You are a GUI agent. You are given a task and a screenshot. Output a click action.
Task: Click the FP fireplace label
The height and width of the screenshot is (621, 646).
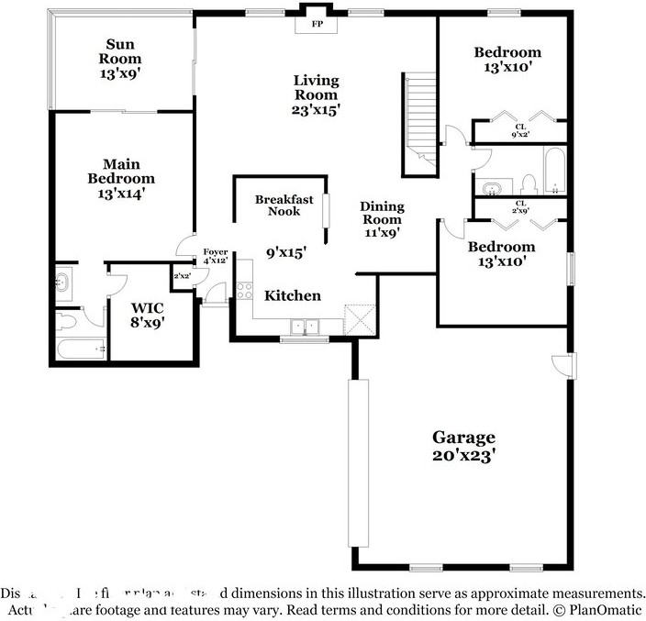pyautogui.click(x=317, y=23)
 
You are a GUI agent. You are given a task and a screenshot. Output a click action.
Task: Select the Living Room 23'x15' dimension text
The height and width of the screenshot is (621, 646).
pyautogui.click(x=317, y=109)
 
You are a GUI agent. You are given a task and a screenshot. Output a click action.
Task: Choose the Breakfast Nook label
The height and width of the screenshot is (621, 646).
pyautogui.click(x=284, y=205)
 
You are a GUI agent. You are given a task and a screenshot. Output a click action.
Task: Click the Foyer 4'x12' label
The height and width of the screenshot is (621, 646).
pyautogui.click(x=215, y=255)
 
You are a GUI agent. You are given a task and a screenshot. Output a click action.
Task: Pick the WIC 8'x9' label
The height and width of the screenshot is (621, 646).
pyautogui.click(x=147, y=315)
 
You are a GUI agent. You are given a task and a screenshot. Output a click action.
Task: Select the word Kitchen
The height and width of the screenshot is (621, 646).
pyautogui.click(x=293, y=295)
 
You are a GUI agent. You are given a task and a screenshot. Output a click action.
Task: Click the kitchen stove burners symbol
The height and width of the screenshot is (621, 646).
pyautogui.click(x=245, y=291)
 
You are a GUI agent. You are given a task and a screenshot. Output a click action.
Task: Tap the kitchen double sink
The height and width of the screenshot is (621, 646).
pyautogui.click(x=304, y=326)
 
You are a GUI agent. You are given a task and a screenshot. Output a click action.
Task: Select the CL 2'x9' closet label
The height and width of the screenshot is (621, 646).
pyautogui.click(x=520, y=206)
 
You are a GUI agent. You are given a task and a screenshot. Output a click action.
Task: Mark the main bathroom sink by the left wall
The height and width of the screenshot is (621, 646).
pyautogui.click(x=62, y=283)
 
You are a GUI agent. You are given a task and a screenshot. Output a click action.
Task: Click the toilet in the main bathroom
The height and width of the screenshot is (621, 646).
pyautogui.click(x=66, y=321)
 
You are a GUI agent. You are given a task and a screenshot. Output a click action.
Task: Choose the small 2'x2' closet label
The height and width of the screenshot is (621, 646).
pyautogui.click(x=182, y=275)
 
